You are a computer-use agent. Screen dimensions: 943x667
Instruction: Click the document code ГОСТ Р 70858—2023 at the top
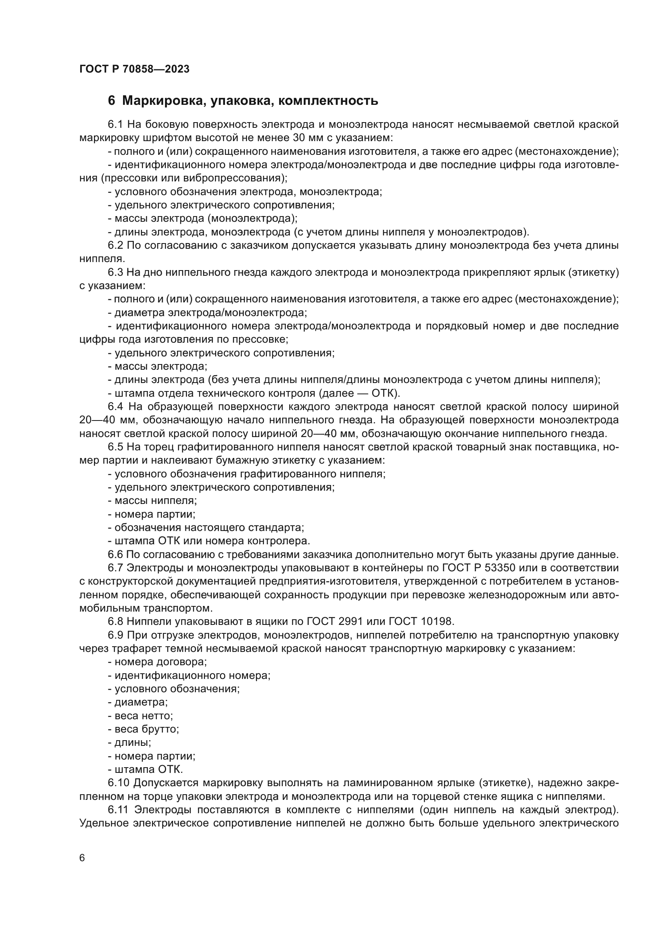pos(134,69)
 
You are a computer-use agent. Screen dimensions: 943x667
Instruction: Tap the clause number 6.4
pos(116,407)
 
